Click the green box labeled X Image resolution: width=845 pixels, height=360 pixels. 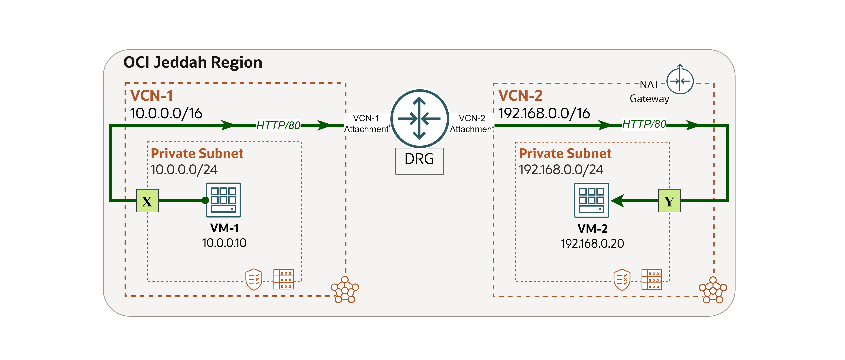[147, 201]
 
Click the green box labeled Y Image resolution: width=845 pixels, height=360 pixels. [670, 201]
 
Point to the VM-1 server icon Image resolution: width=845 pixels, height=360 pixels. [223, 200]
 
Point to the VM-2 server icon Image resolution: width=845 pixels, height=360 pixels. [591, 200]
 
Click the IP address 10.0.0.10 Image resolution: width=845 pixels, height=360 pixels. [224, 243]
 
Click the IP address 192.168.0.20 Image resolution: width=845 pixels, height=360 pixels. [592, 244]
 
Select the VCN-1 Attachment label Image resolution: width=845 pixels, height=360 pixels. [366, 124]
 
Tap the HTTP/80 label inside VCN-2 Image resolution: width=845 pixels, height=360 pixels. [644, 124]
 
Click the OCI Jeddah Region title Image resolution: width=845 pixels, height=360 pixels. [193, 62]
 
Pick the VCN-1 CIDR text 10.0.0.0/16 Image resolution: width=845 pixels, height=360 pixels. [166, 114]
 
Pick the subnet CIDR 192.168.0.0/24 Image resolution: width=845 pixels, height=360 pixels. [561, 170]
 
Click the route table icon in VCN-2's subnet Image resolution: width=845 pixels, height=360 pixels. [652, 280]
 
